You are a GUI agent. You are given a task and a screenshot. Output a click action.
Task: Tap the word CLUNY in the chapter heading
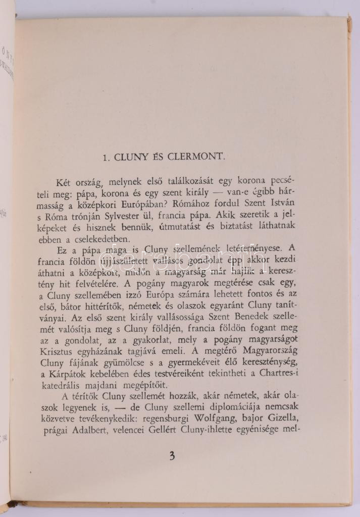click(x=132, y=157)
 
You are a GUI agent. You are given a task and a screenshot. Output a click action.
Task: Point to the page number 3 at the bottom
click(x=172, y=456)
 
